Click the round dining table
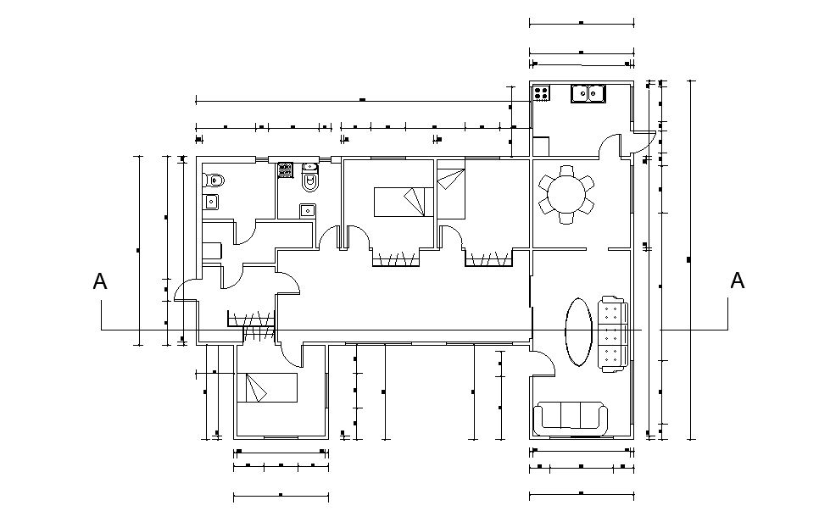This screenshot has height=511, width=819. pos(566,195)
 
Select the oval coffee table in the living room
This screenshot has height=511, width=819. pos(579,332)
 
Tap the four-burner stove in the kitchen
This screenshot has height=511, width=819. pos(541,93)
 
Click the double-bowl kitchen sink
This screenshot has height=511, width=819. pos(588,94)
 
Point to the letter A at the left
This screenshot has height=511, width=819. pos(100,281)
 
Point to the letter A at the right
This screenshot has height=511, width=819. pos(737,280)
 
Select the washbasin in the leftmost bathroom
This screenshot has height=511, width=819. pos(211,202)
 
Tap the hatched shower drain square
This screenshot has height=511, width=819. pos(285,170)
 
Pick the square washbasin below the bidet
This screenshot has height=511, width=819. pos(308,210)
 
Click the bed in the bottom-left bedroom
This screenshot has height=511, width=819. pos(267,387)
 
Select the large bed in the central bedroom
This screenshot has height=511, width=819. pos(404,202)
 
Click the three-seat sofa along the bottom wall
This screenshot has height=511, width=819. pos(571,419)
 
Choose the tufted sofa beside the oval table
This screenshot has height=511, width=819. pos(613,334)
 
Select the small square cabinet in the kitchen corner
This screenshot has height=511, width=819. pos(541,146)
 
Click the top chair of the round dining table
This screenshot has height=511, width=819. pos(566,171)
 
